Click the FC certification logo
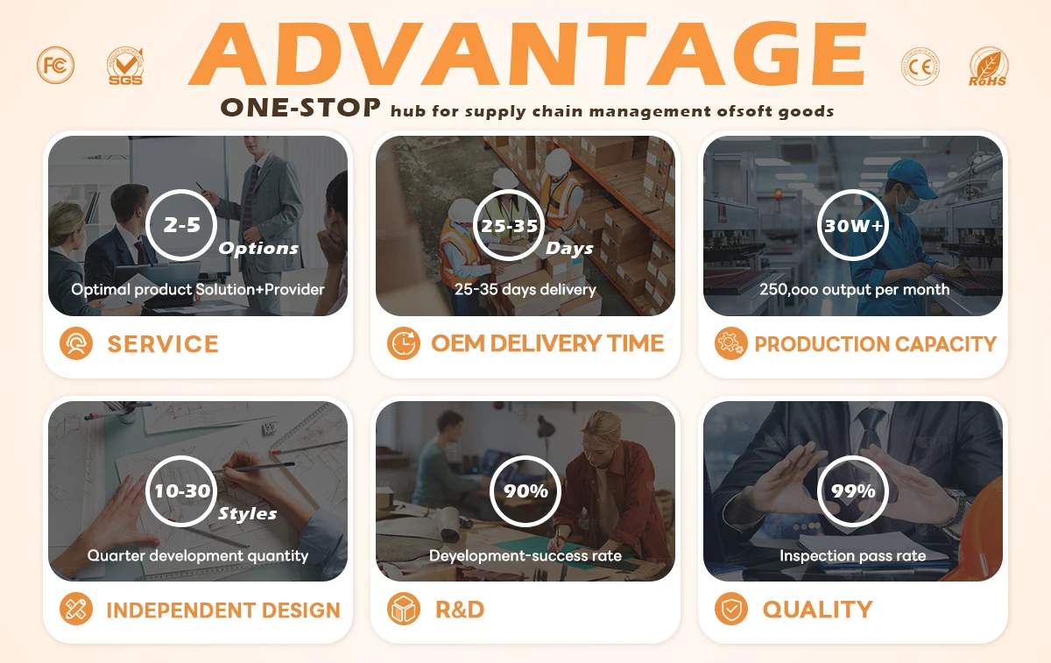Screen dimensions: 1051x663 (x=55, y=65)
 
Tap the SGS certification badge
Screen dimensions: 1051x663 (x=125, y=67)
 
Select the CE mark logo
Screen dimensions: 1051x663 (x=921, y=67)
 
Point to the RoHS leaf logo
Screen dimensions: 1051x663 (x=988, y=67)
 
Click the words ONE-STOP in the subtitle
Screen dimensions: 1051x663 (x=300, y=108)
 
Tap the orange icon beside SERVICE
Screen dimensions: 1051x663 (x=76, y=343)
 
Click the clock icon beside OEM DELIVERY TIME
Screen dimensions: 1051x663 (x=404, y=343)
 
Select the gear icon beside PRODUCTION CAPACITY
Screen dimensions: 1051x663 (x=731, y=343)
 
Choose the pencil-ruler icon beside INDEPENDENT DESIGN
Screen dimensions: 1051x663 (x=76, y=609)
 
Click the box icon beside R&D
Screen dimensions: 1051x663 (x=404, y=609)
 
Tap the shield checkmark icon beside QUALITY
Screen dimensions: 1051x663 (x=731, y=609)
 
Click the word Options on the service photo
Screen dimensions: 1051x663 (x=258, y=249)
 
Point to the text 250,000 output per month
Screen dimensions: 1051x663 (x=855, y=290)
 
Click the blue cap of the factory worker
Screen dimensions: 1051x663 (x=909, y=177)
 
